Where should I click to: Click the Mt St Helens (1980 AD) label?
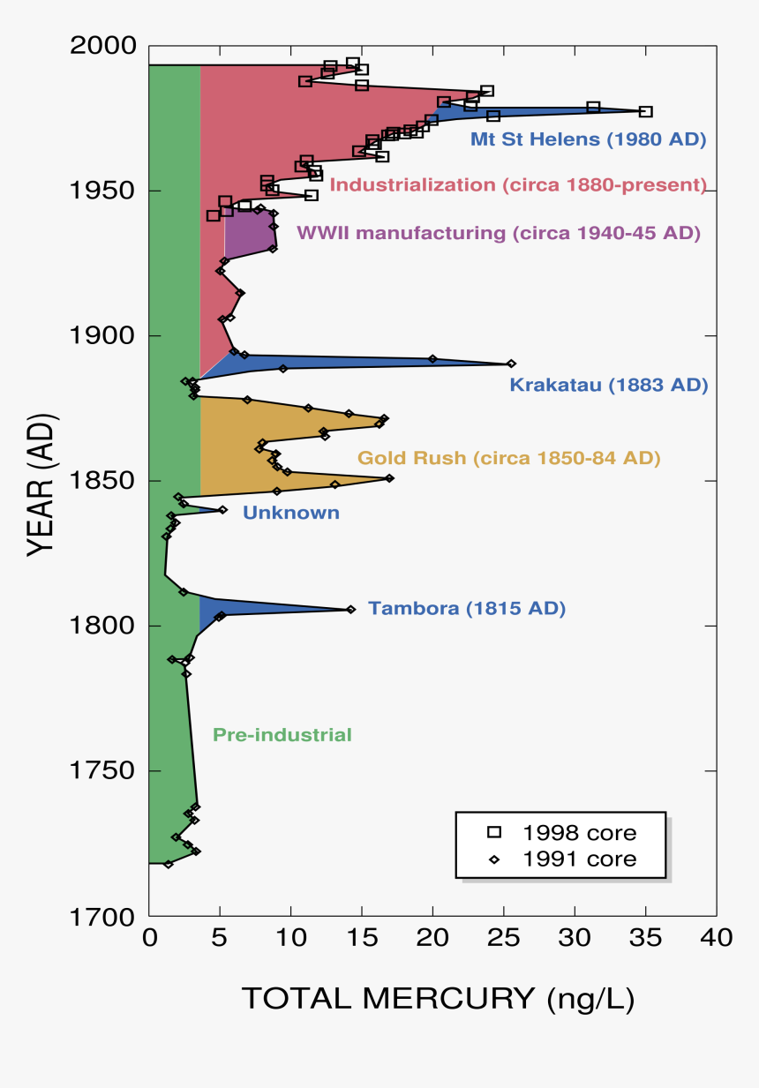coord(588,139)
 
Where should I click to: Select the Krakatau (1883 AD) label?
coord(609,386)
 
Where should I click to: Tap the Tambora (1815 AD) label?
coord(467,608)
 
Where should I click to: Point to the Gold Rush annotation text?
coord(508,458)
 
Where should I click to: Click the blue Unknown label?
coord(290,513)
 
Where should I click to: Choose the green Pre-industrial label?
coord(282,735)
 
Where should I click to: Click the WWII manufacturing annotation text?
coord(499,233)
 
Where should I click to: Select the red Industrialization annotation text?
coord(518,185)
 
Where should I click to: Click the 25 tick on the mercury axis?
coord(504,936)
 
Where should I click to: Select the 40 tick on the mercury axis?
coord(716,936)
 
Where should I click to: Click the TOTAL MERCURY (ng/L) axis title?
coord(438,998)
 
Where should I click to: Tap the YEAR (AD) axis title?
coord(40,481)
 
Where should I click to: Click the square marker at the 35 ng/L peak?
coord(645,111)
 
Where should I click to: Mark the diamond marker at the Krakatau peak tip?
coord(511,364)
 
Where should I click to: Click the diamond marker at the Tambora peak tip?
coord(350,609)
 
